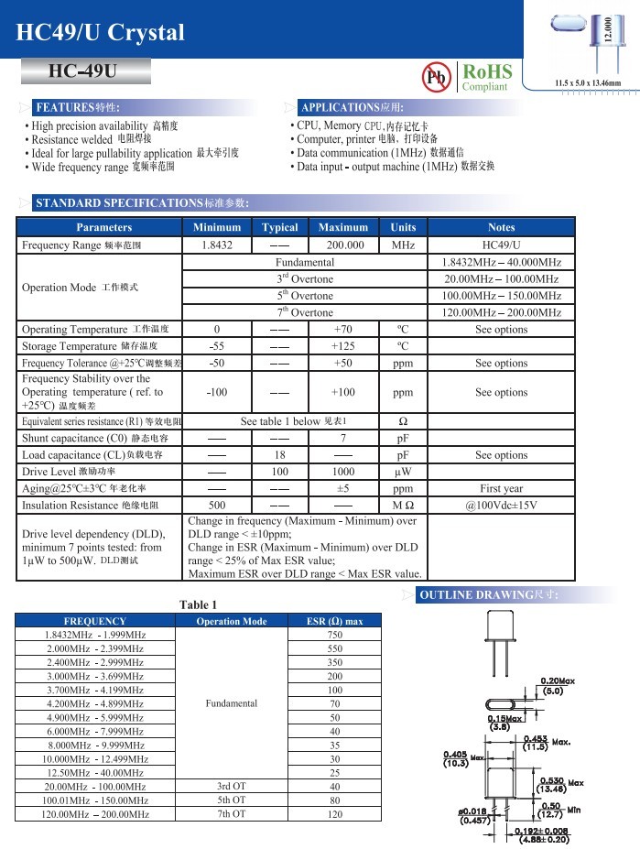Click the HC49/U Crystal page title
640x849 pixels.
pyautogui.click(x=101, y=33)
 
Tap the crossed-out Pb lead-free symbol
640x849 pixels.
pyautogui.click(x=436, y=78)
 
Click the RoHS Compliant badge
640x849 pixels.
pyautogui.click(x=485, y=77)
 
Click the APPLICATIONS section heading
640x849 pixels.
pyautogui.click(x=353, y=107)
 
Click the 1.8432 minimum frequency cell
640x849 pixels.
pyautogui.click(x=217, y=245)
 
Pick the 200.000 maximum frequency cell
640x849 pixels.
pyautogui.click(x=342, y=245)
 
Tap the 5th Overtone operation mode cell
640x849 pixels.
pyautogui.click(x=305, y=296)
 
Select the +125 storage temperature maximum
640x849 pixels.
pyautogui.click(x=342, y=346)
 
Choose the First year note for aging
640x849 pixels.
pyautogui.click(x=501, y=488)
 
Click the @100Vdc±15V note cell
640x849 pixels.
pyautogui.click(x=501, y=506)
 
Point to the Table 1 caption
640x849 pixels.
pyautogui.click(x=199, y=604)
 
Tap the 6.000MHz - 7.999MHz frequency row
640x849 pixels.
pyautogui.click(x=95, y=731)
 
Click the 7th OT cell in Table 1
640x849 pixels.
pyautogui.click(x=231, y=813)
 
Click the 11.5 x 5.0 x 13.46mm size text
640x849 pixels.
pyautogui.click(x=587, y=84)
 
